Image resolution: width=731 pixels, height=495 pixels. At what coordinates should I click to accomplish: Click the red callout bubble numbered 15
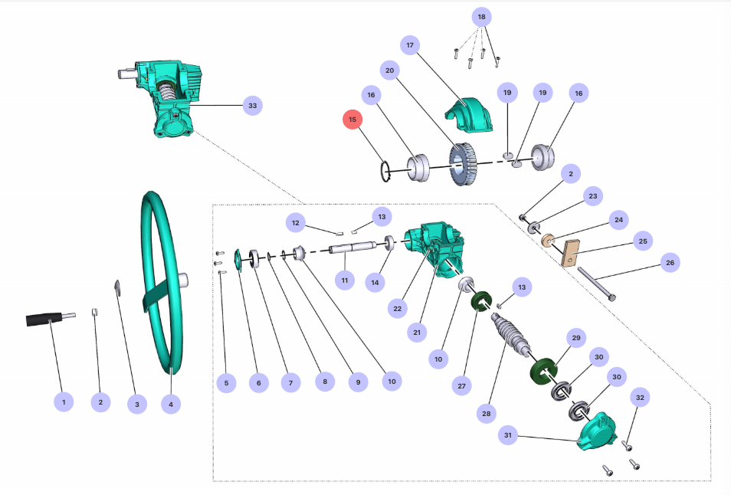[x=352, y=120]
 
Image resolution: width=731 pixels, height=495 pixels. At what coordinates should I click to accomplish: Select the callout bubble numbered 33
[x=252, y=105]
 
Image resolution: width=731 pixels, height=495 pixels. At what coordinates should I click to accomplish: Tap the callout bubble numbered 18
[x=481, y=17]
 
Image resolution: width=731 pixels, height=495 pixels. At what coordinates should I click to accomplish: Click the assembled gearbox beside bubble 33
[x=170, y=97]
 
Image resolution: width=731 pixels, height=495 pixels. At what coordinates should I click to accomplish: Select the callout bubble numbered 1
[x=64, y=401]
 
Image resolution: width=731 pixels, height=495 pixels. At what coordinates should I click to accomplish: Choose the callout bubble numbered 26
[x=670, y=263]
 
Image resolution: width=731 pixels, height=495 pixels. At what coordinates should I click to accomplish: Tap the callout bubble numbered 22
[x=397, y=308]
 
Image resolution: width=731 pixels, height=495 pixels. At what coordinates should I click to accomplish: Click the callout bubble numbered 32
[x=641, y=398]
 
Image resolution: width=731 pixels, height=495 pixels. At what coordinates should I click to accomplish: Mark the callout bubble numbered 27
[x=461, y=386]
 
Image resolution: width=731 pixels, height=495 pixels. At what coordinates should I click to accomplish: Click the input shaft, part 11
[x=352, y=247]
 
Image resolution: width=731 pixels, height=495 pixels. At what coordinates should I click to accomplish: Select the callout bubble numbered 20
[x=389, y=70]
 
